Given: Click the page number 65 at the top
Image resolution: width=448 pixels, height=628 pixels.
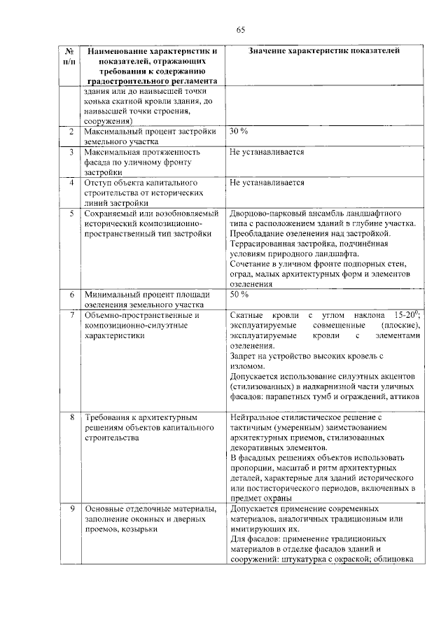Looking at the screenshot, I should pyautogui.click(x=240, y=29).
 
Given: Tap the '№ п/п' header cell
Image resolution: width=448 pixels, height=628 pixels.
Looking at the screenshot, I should pyautogui.click(x=69, y=57).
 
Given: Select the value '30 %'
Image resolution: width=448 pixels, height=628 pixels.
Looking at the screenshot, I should pyautogui.click(x=239, y=132).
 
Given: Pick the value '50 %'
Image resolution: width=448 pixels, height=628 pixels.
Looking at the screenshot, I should pyautogui.click(x=239, y=295).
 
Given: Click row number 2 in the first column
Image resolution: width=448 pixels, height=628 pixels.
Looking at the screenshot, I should pyautogui.click(x=71, y=132).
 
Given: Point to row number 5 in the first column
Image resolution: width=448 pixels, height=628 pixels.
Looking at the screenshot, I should pyautogui.click(x=71, y=213).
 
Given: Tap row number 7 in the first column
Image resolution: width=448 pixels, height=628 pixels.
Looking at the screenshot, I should pyautogui.click(x=71, y=315).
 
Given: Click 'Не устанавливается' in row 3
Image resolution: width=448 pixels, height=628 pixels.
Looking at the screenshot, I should pyautogui.click(x=267, y=152).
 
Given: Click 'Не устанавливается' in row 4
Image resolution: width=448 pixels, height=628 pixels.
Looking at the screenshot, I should pyautogui.click(x=267, y=183).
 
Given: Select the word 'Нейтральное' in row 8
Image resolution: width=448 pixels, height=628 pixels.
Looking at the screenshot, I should pyautogui.click(x=253, y=417).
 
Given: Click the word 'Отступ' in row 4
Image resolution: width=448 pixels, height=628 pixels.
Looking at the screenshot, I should pyautogui.click(x=97, y=183).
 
